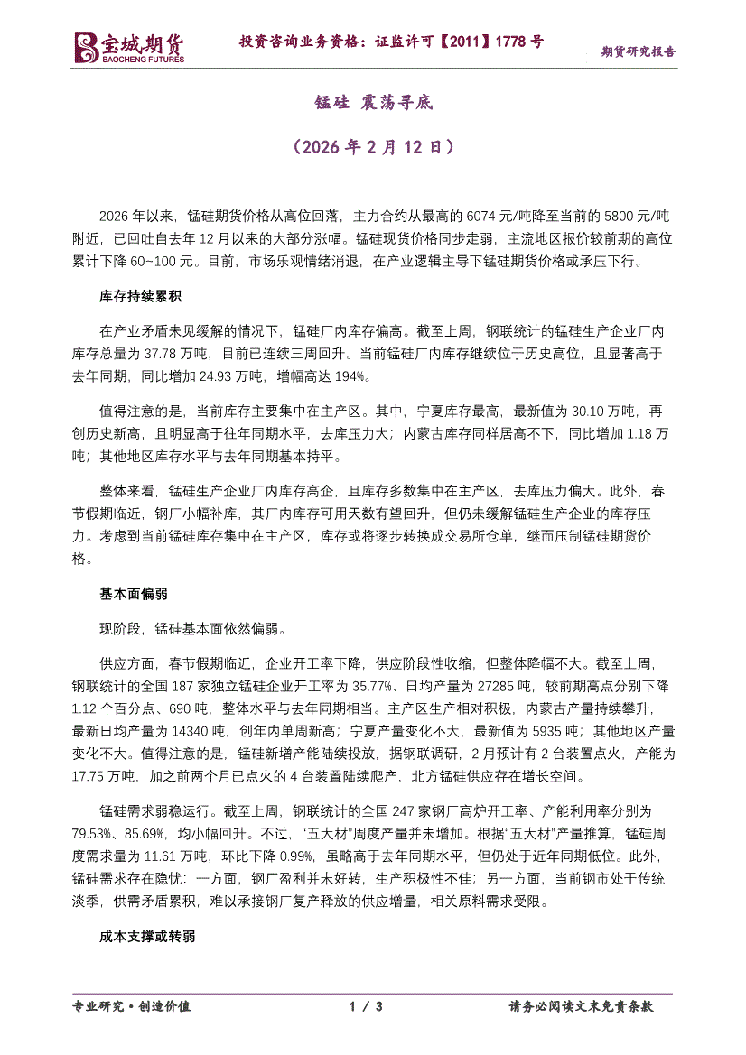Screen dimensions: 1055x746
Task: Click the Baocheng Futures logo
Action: click(x=129, y=48)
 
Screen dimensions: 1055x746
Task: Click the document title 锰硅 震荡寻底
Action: click(x=373, y=102)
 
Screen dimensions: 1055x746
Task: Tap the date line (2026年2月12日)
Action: click(x=373, y=145)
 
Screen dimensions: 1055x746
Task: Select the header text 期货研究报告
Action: click(x=639, y=51)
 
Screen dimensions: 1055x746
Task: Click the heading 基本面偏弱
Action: click(x=133, y=594)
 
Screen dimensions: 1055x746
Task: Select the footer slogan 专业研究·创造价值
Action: click(x=131, y=1006)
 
